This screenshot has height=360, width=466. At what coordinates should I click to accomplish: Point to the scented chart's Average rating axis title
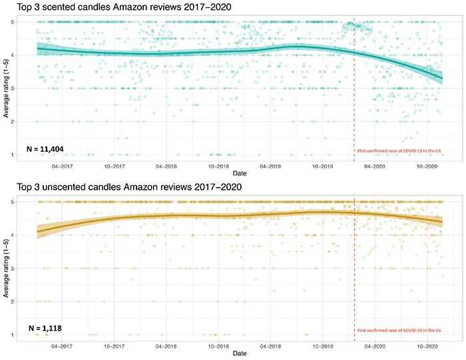(6, 89)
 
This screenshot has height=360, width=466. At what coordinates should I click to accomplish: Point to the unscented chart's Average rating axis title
(6, 268)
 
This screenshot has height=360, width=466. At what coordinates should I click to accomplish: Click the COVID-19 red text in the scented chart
(399, 151)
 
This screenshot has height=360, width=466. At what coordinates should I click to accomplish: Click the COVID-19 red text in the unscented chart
(399, 331)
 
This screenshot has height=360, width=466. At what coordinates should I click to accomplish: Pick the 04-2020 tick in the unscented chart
(375, 346)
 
